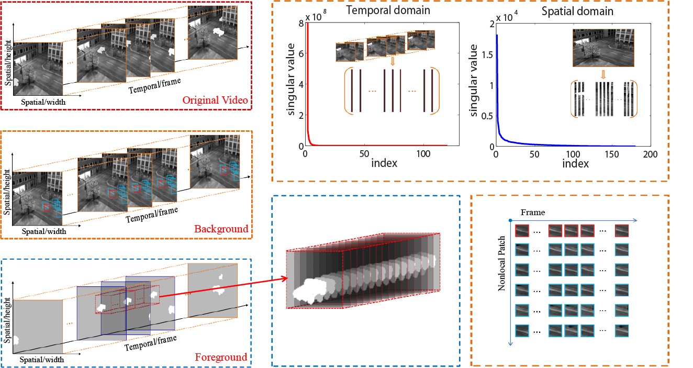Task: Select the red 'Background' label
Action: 221,229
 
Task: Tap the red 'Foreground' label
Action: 220,358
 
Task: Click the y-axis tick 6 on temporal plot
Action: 300,53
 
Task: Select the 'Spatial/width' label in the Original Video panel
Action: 44,102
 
